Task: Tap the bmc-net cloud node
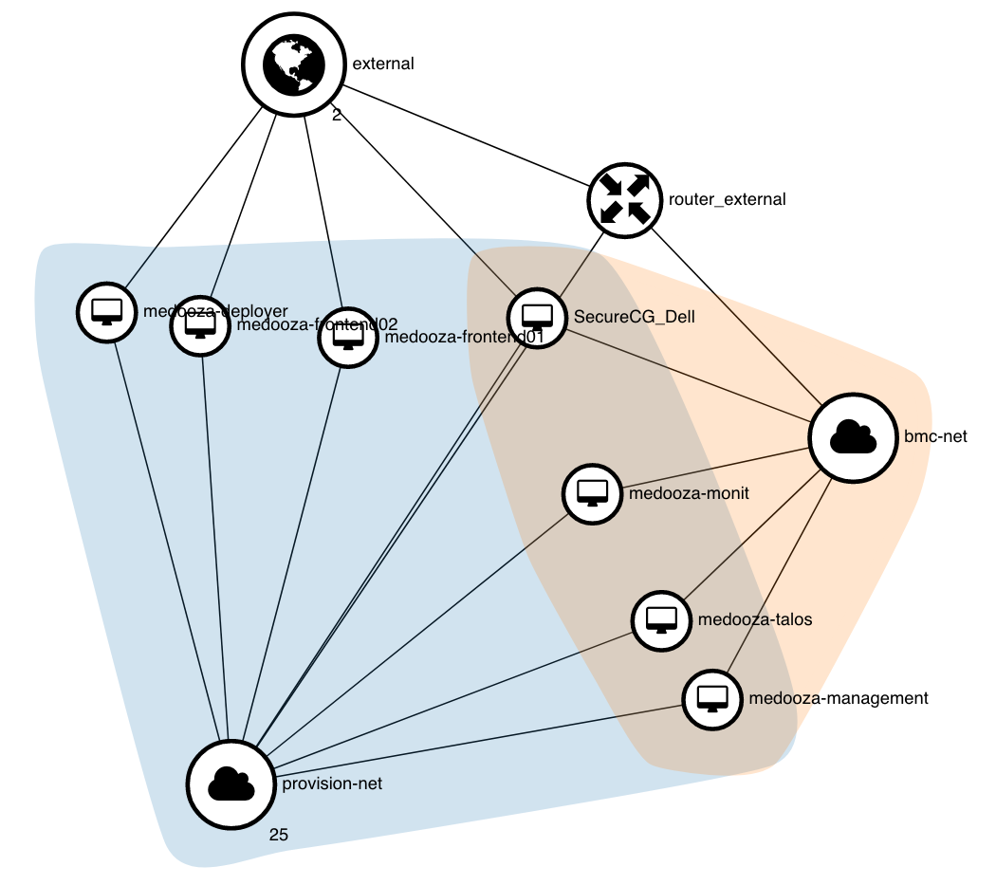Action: (x=853, y=437)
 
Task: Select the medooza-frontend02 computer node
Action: (x=200, y=325)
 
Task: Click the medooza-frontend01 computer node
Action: (x=347, y=337)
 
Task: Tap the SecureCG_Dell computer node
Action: (x=538, y=316)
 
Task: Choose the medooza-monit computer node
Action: (x=593, y=493)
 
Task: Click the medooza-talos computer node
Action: (x=661, y=620)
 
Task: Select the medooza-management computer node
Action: (x=712, y=699)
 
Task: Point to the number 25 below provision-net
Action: (x=278, y=835)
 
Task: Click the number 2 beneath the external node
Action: (x=337, y=115)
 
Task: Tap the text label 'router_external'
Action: (x=727, y=199)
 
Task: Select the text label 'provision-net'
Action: (x=332, y=784)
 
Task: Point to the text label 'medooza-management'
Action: (x=838, y=699)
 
